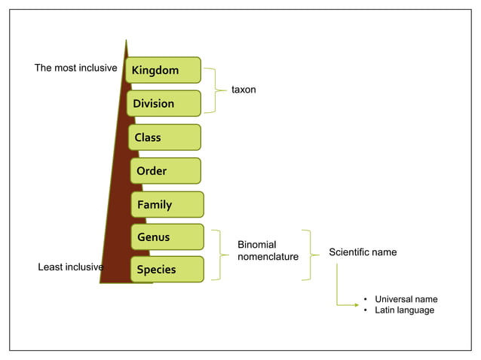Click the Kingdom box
163,70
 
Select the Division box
163,103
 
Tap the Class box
164,137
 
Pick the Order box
165,171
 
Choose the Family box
167,204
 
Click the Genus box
167,237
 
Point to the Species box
167,270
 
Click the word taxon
244,90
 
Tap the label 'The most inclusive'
76,69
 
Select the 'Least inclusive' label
70,267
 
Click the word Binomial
257,245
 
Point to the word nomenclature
268,257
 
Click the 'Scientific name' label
363,252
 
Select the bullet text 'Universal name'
406,299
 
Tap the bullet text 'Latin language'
404,310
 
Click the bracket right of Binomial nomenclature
309,255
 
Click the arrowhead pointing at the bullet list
354,304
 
